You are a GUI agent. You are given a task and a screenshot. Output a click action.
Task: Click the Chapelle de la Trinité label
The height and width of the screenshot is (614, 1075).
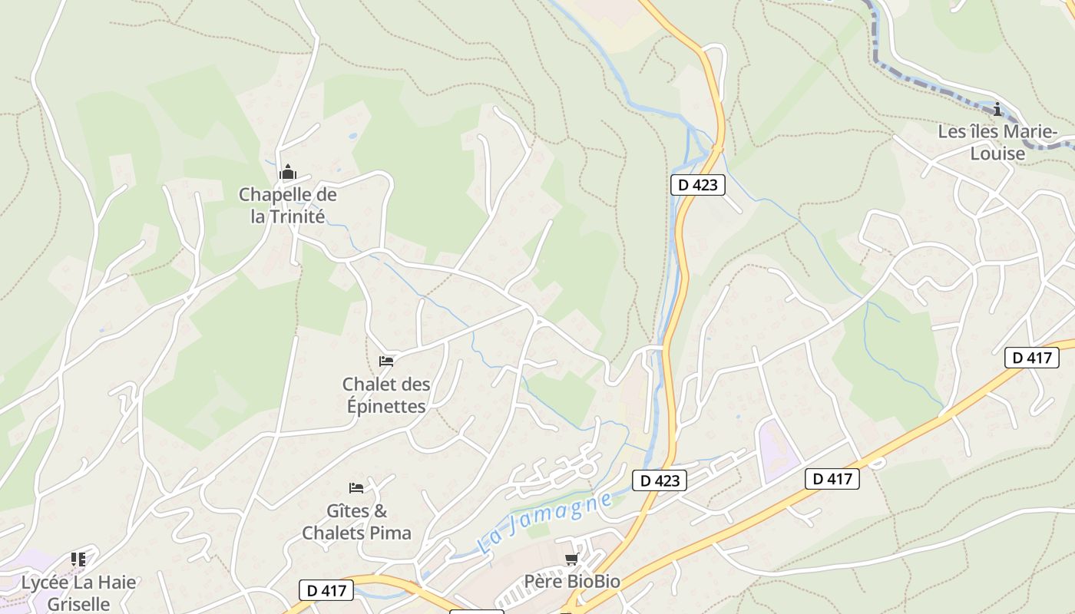[288, 206]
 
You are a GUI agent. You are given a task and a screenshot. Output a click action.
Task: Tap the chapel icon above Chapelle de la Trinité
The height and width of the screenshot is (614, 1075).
[288, 172]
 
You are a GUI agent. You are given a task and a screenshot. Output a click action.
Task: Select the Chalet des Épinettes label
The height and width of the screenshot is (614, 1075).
[386, 395]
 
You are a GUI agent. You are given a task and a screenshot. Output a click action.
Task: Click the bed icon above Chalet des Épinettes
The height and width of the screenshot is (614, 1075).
[386, 361]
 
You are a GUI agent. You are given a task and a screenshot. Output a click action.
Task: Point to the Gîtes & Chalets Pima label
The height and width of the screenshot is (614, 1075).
[357, 522]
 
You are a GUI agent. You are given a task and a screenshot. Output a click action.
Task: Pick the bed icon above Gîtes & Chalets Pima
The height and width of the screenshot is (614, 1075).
[356, 487]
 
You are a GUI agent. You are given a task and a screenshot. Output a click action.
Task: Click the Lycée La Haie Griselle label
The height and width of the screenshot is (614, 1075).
[78, 593]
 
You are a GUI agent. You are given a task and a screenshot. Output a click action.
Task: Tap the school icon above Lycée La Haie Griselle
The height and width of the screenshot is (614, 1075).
[78, 559]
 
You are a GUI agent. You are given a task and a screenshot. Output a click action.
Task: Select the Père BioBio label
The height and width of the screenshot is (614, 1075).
[572, 582]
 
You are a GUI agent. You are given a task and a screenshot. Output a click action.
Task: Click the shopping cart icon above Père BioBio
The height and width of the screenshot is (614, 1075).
[571, 559]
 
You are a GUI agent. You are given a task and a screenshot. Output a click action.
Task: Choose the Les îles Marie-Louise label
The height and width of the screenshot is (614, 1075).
[997, 142]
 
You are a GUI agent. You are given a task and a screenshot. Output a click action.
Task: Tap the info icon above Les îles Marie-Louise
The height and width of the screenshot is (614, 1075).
[997, 109]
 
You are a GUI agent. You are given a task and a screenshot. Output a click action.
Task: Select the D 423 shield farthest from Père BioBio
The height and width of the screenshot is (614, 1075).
[698, 185]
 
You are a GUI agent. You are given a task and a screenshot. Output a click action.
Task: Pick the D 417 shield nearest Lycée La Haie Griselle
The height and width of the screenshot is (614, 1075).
[326, 590]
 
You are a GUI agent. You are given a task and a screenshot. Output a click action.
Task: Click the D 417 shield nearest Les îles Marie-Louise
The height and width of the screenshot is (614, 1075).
[1031, 357]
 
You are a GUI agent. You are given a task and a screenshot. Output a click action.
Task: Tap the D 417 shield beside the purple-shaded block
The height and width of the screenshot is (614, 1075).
[832, 479]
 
